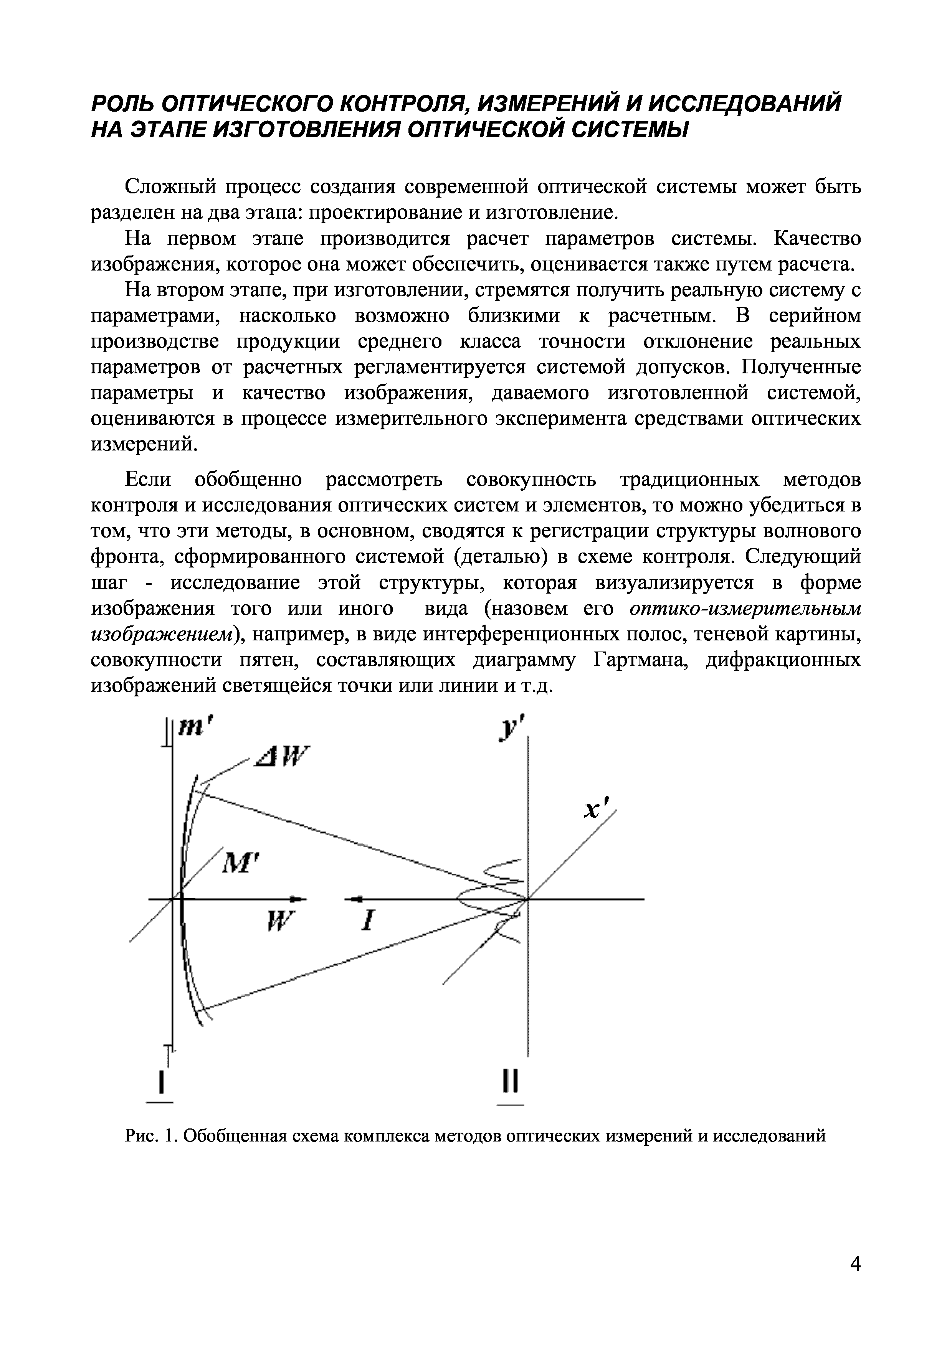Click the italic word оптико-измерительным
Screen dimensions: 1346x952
[745, 609]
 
